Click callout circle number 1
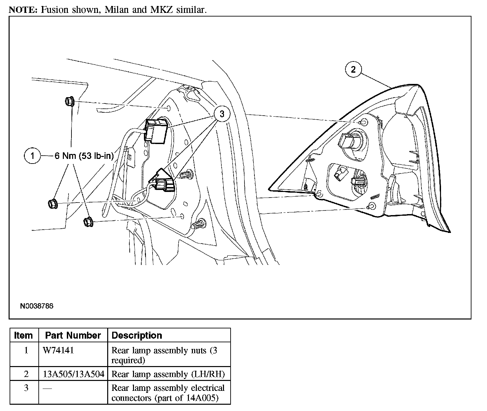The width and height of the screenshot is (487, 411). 32,155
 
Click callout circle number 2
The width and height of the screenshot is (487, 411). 353,69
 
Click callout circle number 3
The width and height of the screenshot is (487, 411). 222,114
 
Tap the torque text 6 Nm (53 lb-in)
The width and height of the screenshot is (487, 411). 84,156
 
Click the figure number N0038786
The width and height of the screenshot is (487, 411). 36,306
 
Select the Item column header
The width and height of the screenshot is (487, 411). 23,335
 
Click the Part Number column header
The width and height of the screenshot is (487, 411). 73,335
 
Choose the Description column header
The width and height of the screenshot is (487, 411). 137,335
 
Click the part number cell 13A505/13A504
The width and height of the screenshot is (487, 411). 73,374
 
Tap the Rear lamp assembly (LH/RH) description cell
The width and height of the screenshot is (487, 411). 168,374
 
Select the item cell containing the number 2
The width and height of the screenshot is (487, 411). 26,374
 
